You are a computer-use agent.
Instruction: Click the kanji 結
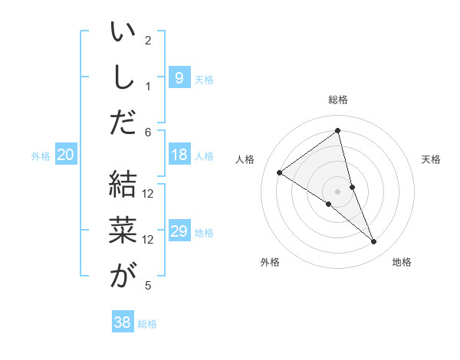[x=123, y=184]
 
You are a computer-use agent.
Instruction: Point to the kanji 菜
[x=123, y=230]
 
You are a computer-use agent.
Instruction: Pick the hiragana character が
[x=123, y=276]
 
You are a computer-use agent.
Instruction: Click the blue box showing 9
[x=179, y=77]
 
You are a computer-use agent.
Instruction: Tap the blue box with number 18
[x=179, y=155]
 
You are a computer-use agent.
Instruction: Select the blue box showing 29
[x=179, y=231]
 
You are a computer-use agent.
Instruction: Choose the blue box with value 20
[x=65, y=155]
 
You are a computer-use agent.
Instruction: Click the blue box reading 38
[x=122, y=322]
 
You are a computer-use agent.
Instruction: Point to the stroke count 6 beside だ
[x=149, y=133]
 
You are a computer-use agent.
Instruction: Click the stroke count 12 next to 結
[x=149, y=193]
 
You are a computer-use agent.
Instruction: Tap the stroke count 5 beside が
[x=149, y=286]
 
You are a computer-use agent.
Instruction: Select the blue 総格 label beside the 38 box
[x=147, y=324]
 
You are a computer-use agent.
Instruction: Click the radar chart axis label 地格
[x=402, y=263]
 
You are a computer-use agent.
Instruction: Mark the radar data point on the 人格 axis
[x=279, y=172]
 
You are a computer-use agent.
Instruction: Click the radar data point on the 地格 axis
[x=374, y=242]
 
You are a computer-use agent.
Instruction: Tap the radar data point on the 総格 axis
[x=338, y=131]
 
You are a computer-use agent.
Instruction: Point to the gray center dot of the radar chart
[x=338, y=191]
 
